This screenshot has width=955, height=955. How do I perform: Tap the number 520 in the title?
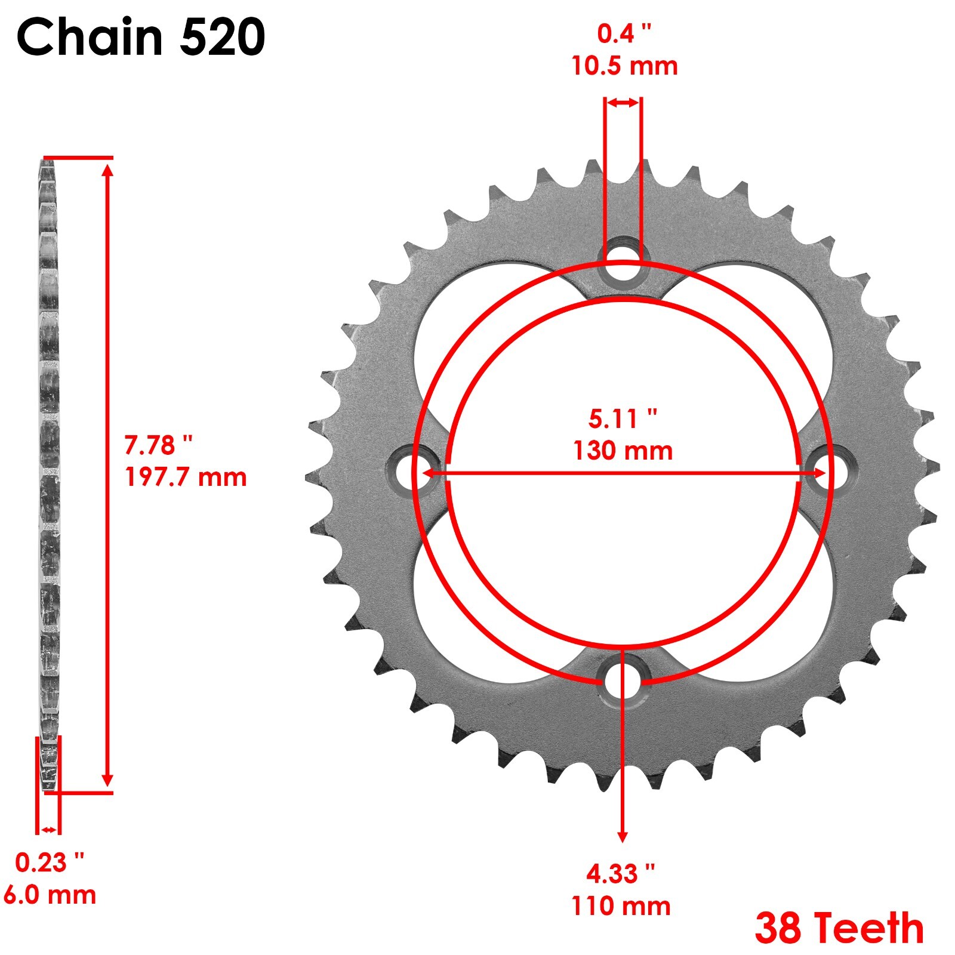tap(222, 37)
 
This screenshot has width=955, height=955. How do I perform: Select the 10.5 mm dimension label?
tap(624, 66)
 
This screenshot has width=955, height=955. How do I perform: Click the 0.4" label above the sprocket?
tap(624, 33)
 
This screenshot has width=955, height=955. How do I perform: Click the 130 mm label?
tap(623, 451)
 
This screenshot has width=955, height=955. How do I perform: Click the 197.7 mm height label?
tap(186, 478)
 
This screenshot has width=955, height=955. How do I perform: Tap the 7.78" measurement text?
tap(158, 445)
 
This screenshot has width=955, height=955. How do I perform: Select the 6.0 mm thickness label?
tap(50, 895)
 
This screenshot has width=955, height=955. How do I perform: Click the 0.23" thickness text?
tap(50, 863)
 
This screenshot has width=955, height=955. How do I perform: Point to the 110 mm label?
tap(621, 906)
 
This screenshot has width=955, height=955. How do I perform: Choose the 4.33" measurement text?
tap(621, 874)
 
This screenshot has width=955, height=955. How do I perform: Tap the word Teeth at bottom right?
tap(870, 928)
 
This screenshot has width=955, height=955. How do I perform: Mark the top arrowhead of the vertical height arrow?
tap(107, 171)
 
